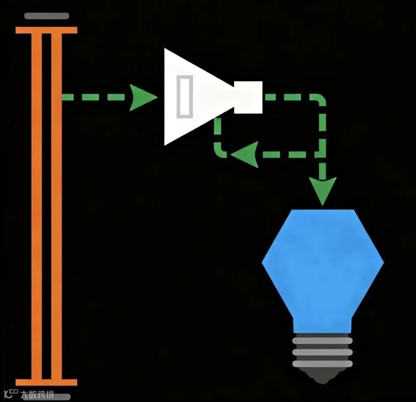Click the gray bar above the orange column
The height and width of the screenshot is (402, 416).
[47, 16]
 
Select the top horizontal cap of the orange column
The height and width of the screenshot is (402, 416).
[46, 30]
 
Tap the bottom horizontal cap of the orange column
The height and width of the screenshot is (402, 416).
[46, 382]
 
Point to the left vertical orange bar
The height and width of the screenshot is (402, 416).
[37, 206]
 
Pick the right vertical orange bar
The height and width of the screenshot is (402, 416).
[57, 206]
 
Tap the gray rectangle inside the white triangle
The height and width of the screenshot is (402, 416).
[184, 97]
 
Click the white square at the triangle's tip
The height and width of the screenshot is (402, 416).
[248, 97]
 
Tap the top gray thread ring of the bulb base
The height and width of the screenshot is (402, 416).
[323, 341]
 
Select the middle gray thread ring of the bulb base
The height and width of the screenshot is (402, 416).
[323, 352]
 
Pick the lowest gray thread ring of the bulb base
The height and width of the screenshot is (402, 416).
[323, 364]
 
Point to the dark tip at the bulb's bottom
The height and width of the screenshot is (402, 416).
[323, 375]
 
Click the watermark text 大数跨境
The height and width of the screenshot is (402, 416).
[38, 395]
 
